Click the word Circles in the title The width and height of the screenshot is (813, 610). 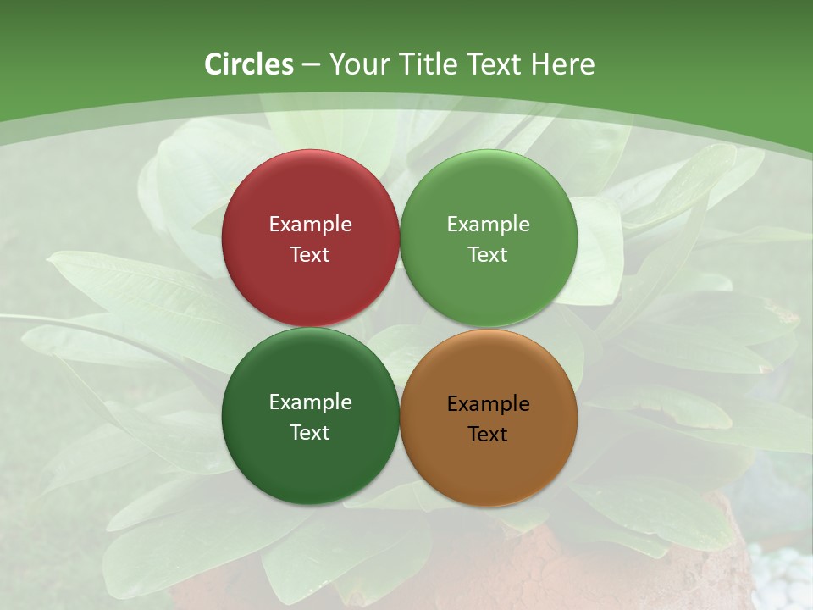[x=249, y=64]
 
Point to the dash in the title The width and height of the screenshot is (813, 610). [x=311, y=65]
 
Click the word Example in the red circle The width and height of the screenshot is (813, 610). [x=310, y=224]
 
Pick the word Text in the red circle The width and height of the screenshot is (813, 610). [x=310, y=254]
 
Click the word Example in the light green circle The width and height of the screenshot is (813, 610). [x=489, y=224]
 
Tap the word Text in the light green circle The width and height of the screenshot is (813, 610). [x=489, y=254]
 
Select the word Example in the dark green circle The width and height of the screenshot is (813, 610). [x=310, y=402]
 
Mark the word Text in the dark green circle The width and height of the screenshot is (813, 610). [x=310, y=432]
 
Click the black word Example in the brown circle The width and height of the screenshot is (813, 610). [x=489, y=403]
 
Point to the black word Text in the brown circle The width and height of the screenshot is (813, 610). [x=489, y=434]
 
